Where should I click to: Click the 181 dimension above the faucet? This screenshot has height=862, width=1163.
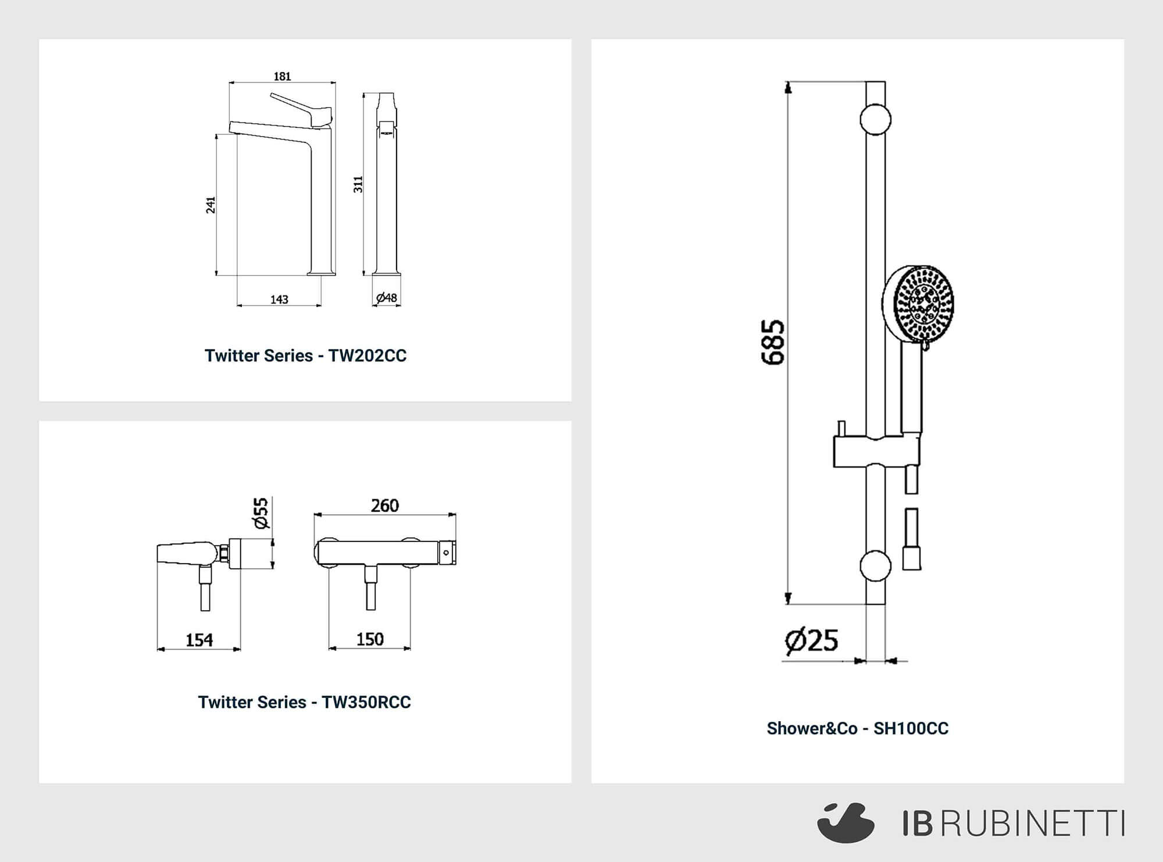[x=282, y=76]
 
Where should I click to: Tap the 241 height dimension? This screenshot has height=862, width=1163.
[x=211, y=205]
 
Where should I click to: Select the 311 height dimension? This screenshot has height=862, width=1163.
[x=358, y=184]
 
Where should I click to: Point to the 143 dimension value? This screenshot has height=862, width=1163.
[x=279, y=299]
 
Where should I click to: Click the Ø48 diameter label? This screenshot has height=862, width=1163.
[x=387, y=298]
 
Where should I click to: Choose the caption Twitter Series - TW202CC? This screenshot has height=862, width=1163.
[x=305, y=355]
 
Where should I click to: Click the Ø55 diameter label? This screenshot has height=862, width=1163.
[x=262, y=513]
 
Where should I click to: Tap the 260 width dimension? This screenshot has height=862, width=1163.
[x=385, y=505]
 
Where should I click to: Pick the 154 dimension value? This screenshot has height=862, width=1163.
[x=199, y=640]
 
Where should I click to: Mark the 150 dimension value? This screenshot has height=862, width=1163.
[x=370, y=639]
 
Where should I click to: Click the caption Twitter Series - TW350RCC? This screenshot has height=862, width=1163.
[x=304, y=702]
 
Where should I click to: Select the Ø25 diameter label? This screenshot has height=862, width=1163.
[x=811, y=640]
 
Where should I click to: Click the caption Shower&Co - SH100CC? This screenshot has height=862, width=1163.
[x=858, y=728]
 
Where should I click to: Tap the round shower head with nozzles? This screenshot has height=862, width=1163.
[x=919, y=304]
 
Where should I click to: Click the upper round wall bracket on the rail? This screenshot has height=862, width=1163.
[x=875, y=119]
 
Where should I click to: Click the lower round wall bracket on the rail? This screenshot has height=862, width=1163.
[x=875, y=566]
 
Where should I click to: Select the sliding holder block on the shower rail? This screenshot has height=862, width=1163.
[x=877, y=450]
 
